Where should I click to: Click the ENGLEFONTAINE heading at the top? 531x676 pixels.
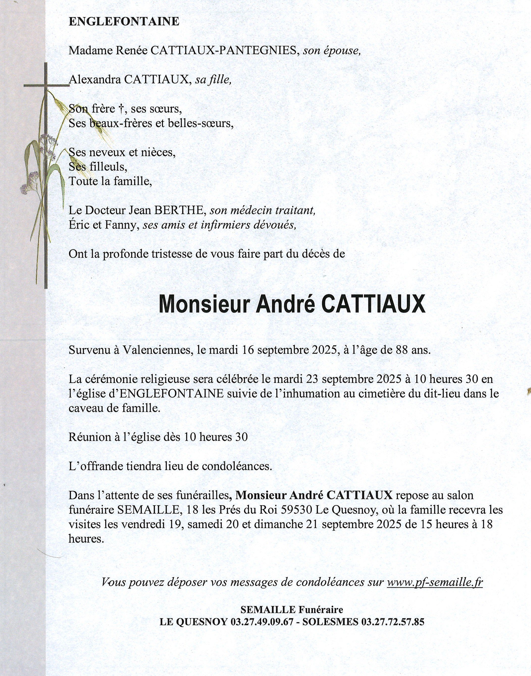point(124,21)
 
